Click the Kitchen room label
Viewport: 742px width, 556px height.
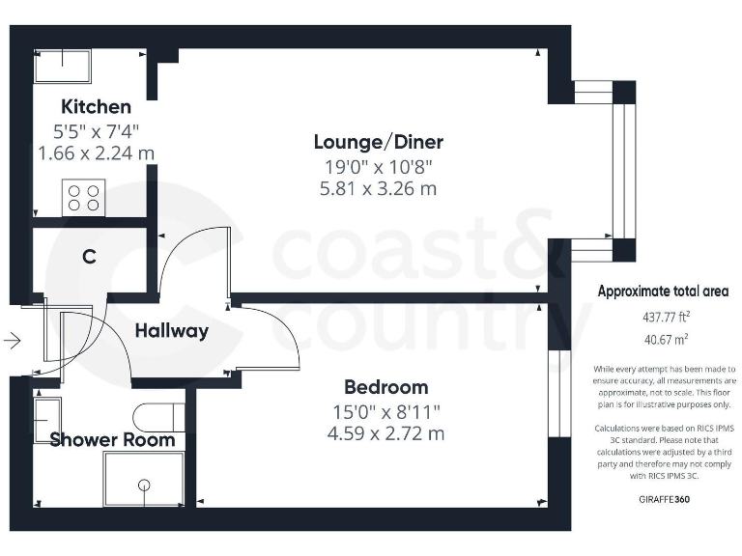[96, 106]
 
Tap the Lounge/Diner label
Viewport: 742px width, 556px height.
[378, 143]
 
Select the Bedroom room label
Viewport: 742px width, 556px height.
[385, 388]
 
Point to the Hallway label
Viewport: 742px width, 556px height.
[171, 331]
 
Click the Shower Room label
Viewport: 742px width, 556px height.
[112, 440]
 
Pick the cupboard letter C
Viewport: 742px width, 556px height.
[89, 257]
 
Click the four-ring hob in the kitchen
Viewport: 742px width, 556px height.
[83, 198]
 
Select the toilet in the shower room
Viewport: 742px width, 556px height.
[158, 416]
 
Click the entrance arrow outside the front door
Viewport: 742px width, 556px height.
[12, 340]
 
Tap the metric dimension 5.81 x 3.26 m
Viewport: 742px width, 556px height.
[378, 189]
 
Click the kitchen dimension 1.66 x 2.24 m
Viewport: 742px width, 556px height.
[96, 153]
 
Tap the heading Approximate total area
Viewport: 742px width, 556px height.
[663, 292]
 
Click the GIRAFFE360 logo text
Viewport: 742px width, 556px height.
[664, 500]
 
